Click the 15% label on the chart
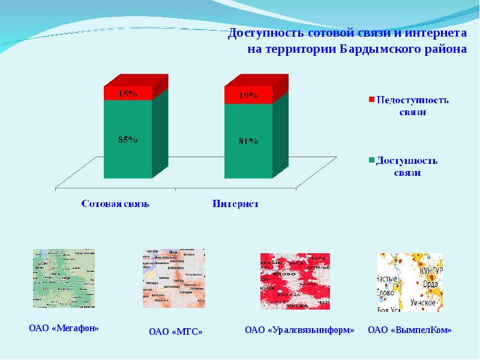tap(128, 93)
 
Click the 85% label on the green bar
tap(128, 139)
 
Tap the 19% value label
tap(248, 95)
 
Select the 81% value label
tap(248, 141)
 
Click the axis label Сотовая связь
tap(115, 203)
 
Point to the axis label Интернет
tap(235, 203)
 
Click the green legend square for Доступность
tap(371, 160)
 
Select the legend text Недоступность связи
tap(411, 106)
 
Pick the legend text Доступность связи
tap(411, 166)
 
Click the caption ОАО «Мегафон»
tap(64, 328)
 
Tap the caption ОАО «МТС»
tap(176, 331)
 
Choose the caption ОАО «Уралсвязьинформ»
tap(299, 330)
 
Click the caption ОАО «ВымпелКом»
tap(409, 330)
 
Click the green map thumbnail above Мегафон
tap(64, 278)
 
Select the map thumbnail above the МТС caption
tap(173, 278)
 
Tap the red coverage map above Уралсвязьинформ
tap(295, 281)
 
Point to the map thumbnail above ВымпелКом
tap(410, 282)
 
